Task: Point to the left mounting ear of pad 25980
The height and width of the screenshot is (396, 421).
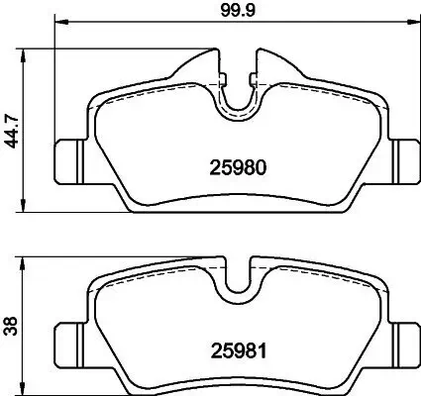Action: (x=67, y=155)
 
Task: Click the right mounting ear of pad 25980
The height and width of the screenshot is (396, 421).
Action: (x=404, y=155)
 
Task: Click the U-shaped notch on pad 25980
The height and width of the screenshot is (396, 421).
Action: (x=236, y=99)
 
